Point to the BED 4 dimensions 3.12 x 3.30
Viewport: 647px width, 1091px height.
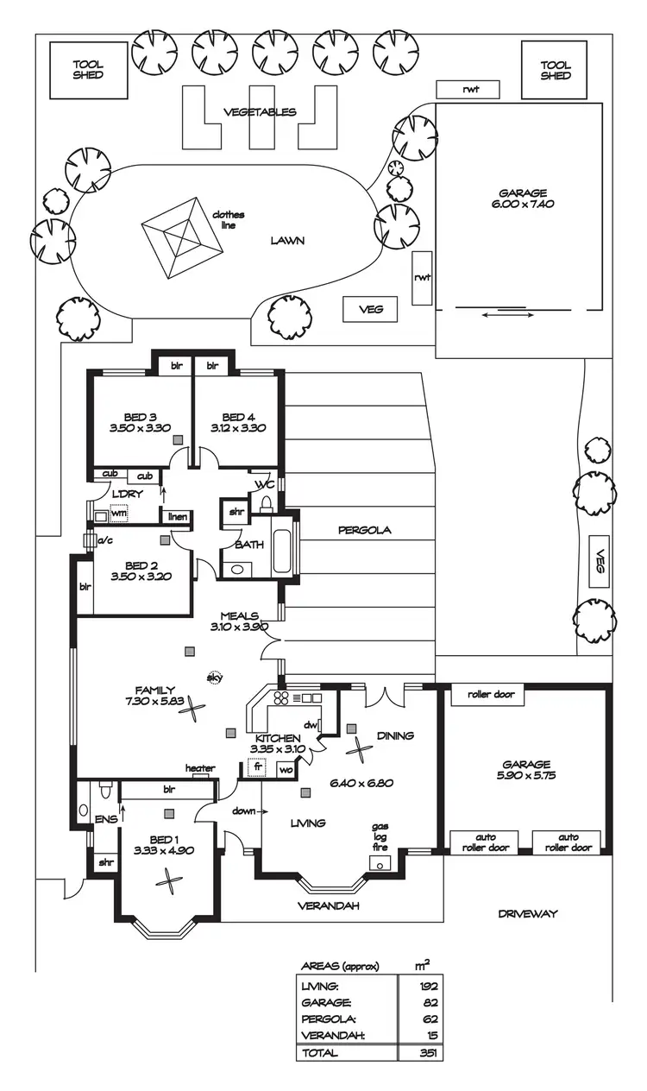pos(236,427)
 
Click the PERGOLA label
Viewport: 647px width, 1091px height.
pos(364,530)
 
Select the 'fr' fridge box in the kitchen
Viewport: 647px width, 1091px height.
pos(257,766)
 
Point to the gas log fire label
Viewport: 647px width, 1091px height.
pos(380,836)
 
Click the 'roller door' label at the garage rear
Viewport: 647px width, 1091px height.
pos(491,694)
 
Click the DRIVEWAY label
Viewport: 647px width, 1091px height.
pos(528,913)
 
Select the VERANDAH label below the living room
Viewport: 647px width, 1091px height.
pos(328,906)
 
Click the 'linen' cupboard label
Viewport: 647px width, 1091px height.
pos(177,516)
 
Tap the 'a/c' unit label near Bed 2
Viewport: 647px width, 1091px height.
pos(106,540)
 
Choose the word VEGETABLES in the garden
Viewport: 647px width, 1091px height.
pos(260,111)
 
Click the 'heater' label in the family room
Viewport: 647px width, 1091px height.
pos(200,768)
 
